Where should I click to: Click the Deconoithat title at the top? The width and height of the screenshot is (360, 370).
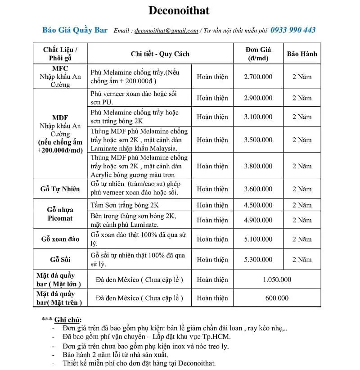click(179, 10)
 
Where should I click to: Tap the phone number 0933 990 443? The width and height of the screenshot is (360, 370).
click(293, 30)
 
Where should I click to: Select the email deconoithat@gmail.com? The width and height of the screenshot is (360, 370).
click(166, 31)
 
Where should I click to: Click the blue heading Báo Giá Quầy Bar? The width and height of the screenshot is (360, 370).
click(75, 30)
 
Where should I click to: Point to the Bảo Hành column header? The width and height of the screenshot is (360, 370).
click(302, 54)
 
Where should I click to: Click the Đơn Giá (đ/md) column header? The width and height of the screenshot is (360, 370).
click(258, 54)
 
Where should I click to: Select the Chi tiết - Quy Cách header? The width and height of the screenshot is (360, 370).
click(160, 54)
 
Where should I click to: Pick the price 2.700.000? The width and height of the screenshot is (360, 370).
click(258, 77)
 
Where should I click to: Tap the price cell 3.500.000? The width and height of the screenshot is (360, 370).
click(258, 140)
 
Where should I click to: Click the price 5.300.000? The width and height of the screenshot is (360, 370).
click(258, 259)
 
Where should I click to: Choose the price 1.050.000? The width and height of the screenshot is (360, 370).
click(277, 280)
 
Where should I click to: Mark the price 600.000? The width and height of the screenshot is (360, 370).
click(277, 298)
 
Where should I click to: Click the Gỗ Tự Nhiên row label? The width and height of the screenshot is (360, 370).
click(60, 189)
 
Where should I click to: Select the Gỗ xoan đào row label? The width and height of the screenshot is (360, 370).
click(60, 239)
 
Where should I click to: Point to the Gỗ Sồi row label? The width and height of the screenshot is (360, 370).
click(60, 259)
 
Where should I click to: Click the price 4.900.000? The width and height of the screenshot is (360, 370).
click(258, 220)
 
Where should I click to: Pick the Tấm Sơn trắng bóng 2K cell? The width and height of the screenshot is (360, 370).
click(121, 205)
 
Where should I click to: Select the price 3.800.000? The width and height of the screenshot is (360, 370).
click(258, 166)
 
